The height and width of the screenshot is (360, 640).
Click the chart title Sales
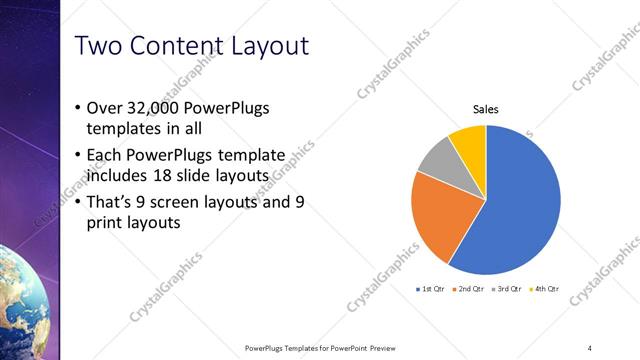click(x=486, y=110)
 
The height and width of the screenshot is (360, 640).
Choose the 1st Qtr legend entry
click(x=432, y=288)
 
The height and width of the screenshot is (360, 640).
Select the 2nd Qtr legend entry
click(x=470, y=288)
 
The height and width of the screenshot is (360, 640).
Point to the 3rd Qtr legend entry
click(x=508, y=288)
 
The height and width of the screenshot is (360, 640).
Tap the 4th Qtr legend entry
click(x=546, y=288)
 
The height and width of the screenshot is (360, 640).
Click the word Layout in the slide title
click(x=264, y=46)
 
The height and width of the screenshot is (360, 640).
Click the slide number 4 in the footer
click(x=590, y=347)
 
